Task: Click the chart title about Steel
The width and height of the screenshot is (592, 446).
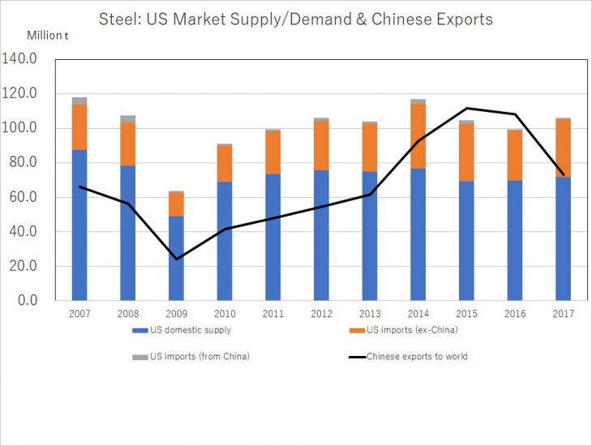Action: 295,19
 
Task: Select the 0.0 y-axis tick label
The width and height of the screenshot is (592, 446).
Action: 26,301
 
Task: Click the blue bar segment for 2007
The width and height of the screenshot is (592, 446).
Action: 79,225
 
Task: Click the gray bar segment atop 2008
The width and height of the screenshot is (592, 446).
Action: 128,119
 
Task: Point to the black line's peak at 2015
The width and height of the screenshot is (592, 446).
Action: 466,108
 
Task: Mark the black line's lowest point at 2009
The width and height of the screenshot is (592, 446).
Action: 176,259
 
